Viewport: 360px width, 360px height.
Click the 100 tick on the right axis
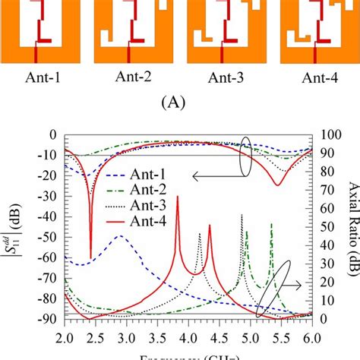click(x=325, y=136)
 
